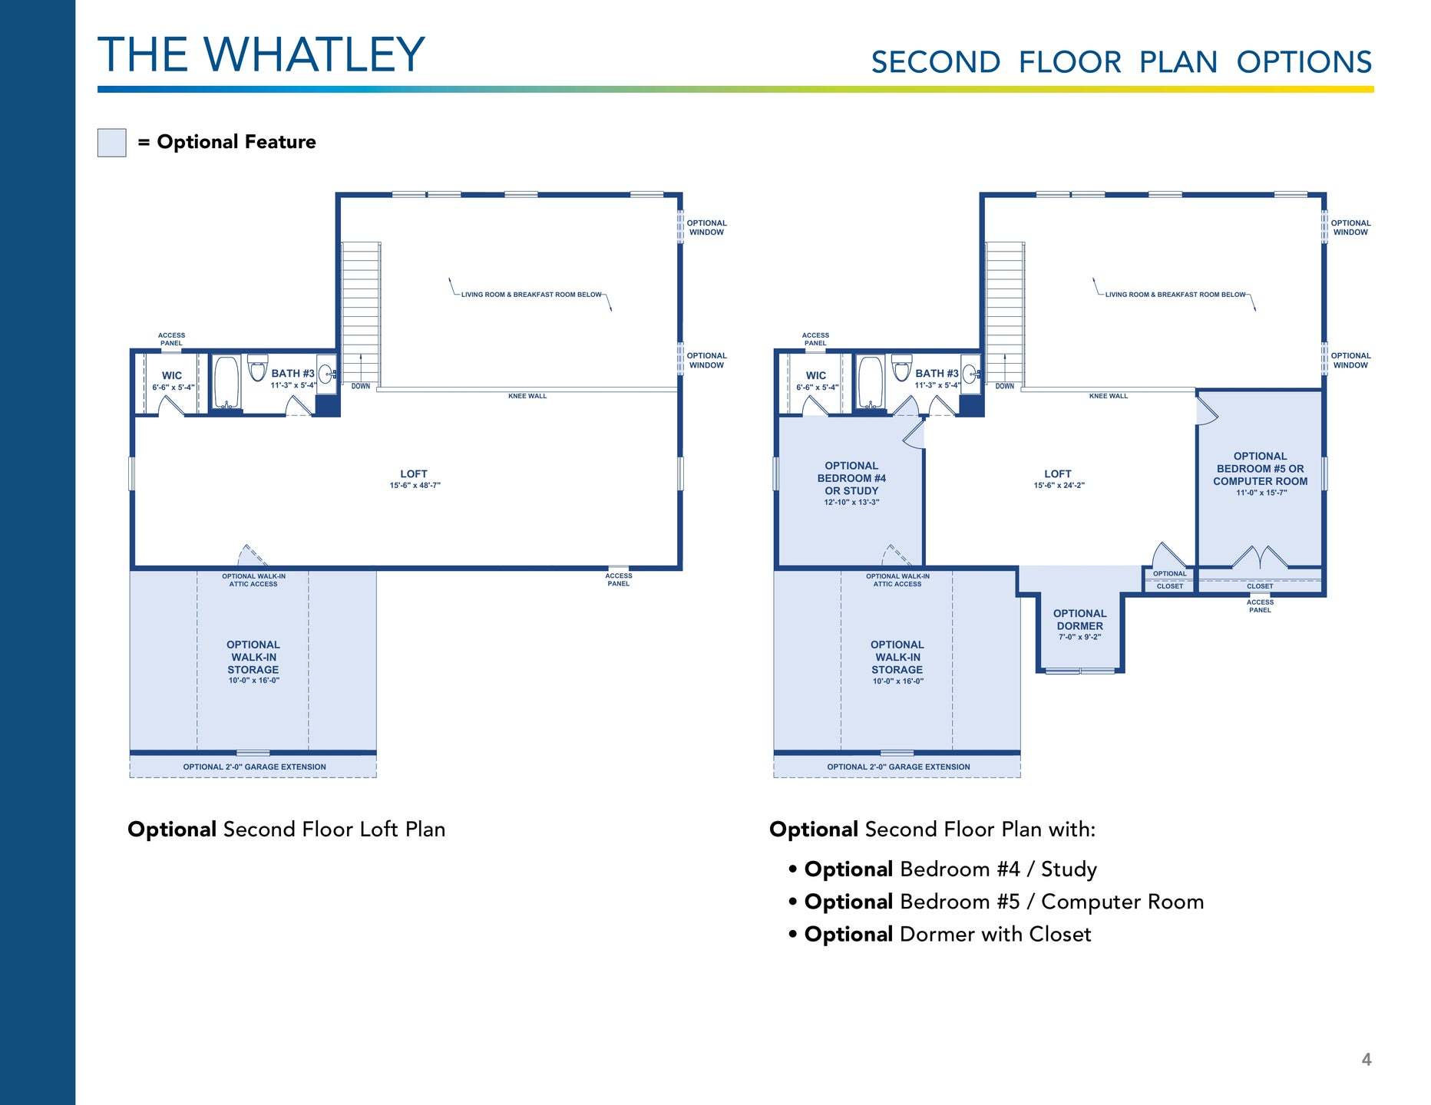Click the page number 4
[1366, 1060]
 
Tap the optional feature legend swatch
[112, 143]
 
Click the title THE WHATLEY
[261, 54]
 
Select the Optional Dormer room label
[1079, 625]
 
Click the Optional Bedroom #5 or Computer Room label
[1260, 474]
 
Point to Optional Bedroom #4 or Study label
[851, 483]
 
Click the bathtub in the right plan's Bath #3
[871, 381]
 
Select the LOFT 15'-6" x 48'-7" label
[414, 479]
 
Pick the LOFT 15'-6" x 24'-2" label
[1058, 479]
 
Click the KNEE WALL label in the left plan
[527, 396]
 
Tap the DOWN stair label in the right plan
[1004, 386]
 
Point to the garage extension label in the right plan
[898, 767]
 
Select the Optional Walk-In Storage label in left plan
[253, 662]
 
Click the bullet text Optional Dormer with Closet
[947, 934]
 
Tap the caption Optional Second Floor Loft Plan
[286, 830]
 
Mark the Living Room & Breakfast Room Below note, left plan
[531, 295]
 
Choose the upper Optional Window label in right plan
[1350, 228]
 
